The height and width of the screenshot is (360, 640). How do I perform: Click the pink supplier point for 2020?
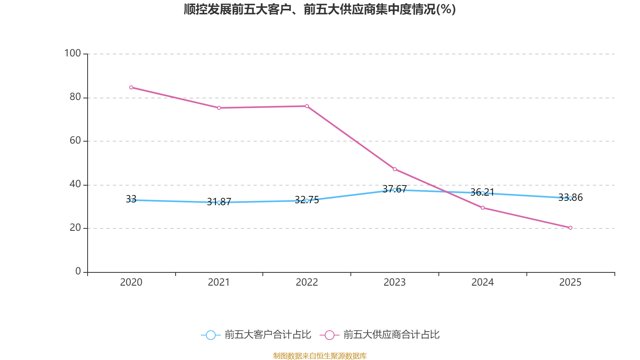click(131, 87)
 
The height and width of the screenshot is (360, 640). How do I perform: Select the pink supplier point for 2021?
click(219, 108)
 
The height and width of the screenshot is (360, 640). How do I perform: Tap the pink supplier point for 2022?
click(307, 106)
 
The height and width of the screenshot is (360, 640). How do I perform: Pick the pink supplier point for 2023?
click(394, 169)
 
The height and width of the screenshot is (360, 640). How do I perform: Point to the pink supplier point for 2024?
click(482, 208)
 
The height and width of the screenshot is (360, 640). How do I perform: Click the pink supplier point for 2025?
click(570, 228)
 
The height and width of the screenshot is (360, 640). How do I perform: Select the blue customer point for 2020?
click(131, 200)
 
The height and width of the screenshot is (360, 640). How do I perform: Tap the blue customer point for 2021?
click(219, 202)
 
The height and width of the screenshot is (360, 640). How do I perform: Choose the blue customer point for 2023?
click(394, 190)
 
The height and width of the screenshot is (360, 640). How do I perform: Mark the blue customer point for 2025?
click(570, 198)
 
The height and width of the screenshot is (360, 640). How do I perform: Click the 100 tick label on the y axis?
click(72, 53)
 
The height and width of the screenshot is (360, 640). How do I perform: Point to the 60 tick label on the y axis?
click(75, 140)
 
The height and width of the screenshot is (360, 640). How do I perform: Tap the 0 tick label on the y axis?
click(78, 271)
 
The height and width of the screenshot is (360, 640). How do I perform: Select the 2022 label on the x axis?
click(307, 282)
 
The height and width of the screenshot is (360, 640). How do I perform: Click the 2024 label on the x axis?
click(482, 282)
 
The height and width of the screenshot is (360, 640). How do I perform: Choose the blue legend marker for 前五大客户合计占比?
click(210, 335)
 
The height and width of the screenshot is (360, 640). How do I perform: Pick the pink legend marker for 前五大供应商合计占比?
click(329, 335)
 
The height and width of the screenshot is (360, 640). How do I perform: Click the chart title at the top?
click(320, 9)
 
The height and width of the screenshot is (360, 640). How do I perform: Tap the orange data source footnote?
click(320, 356)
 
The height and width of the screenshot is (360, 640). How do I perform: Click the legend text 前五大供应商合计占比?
click(391, 335)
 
